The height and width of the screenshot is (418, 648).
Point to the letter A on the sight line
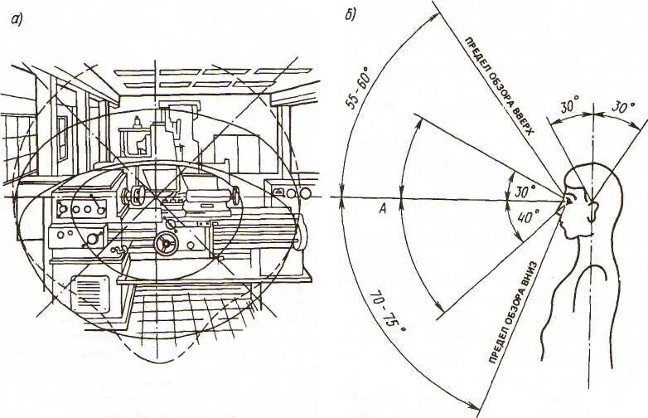click(x=382, y=211)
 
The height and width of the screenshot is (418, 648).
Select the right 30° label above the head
click(x=622, y=109)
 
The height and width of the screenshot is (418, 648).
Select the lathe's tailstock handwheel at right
click(x=237, y=197)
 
